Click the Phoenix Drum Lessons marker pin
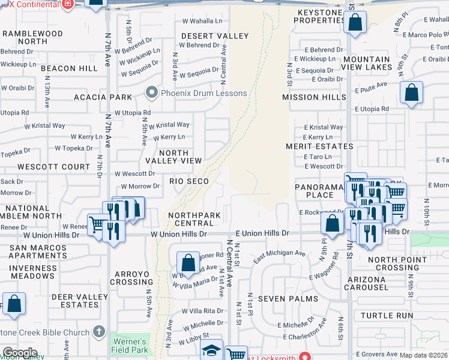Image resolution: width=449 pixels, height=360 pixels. (x=152, y=93)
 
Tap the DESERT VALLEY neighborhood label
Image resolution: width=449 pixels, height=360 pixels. (x=214, y=36)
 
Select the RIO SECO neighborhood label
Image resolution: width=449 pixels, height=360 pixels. (x=189, y=181)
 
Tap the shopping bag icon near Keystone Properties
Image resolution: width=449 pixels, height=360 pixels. (x=355, y=23)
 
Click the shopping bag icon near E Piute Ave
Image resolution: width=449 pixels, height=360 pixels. (x=411, y=93)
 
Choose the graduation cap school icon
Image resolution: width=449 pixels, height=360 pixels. (x=211, y=350)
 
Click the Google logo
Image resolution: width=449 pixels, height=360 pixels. (x=19, y=353)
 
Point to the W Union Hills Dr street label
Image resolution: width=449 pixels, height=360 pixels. (x=178, y=233)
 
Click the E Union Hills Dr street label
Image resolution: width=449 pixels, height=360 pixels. (x=262, y=233)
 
